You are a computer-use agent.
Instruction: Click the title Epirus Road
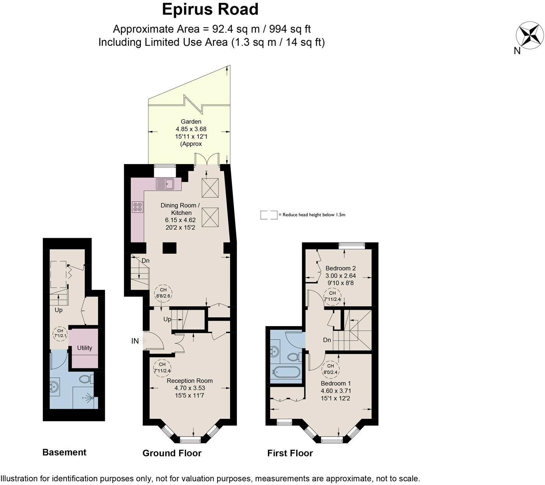coord(210,9)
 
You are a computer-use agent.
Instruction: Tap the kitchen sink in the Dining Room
coord(165,183)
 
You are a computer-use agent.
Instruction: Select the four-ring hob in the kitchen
coord(137,207)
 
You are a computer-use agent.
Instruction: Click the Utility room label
coord(84,348)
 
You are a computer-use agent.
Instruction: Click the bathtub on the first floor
coord(285,372)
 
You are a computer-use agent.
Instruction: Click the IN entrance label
coord(135,341)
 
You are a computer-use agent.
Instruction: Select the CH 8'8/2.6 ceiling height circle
coord(163,293)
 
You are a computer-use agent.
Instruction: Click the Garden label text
coord(191,122)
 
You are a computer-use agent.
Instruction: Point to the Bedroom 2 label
coord(341,268)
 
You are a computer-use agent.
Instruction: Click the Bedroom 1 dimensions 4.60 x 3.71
coord(336,391)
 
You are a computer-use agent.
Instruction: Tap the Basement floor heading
coord(64,452)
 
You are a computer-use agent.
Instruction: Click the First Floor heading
coord(290,453)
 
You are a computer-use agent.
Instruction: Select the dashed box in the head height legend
coord(269,215)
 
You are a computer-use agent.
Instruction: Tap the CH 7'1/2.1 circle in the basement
coord(60,333)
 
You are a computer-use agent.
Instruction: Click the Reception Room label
coord(190,380)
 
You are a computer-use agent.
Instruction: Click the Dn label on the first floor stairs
coord(327,340)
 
